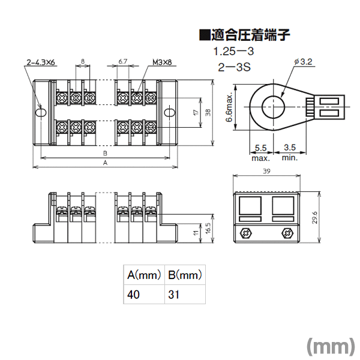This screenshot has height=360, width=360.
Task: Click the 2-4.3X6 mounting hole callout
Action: pos(41,62)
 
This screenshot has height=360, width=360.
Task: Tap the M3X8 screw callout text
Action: pos(162,62)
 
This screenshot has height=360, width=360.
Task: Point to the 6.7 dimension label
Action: pos(123,62)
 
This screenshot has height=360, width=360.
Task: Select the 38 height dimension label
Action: pos(208,112)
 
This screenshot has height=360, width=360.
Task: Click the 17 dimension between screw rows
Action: pos(196,112)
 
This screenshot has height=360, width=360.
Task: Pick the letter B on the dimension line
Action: pos(105,154)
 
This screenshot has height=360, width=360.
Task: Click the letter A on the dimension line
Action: pos(105,163)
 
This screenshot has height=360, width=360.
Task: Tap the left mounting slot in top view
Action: pos(41,113)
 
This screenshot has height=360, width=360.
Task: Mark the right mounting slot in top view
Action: pos(169,113)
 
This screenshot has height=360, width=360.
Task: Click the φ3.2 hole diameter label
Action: pos(303,62)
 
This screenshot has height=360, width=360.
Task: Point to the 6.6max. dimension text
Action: pos(229,107)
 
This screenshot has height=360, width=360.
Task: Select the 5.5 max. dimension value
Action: pos(261,148)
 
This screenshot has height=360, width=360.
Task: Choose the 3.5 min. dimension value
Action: pos(290,148)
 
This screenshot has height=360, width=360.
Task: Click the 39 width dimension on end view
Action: pos(266,171)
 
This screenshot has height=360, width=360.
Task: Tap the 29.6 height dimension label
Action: pos(315,218)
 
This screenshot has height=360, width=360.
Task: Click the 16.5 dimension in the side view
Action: pos(208,228)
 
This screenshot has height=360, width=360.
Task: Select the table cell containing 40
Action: pos(144,295)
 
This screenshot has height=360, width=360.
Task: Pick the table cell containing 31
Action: pos(185,295)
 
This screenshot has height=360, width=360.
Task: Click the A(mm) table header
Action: pos(144,275)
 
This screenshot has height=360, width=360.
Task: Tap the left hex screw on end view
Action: pos(246,233)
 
